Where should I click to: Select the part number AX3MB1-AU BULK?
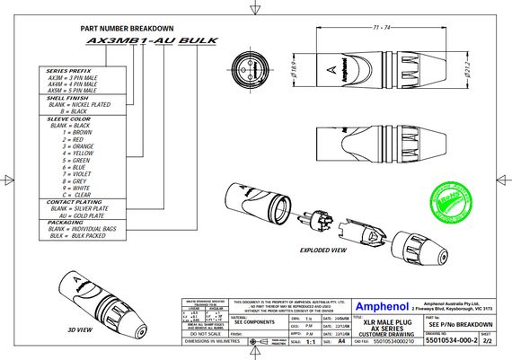pos(138,41)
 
